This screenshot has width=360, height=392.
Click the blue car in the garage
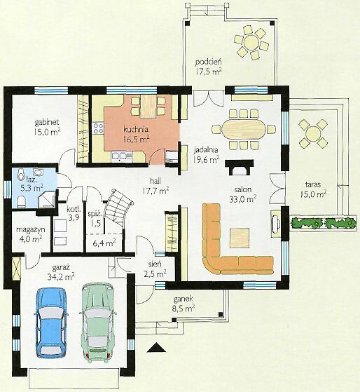click(52, 323)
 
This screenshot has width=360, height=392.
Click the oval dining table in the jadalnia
click(244, 129)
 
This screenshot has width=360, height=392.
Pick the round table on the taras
click(313, 133)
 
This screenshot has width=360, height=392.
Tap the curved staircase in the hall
click(118, 208)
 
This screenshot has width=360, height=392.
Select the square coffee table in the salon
click(240, 238)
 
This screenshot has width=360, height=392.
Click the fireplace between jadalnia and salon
click(240, 167)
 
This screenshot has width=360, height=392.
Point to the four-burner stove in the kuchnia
click(97, 128)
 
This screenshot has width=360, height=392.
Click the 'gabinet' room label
click(47, 122)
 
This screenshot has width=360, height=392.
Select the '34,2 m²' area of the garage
click(61, 276)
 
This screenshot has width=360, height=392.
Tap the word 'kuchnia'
click(136, 129)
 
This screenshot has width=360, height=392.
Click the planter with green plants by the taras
click(323, 222)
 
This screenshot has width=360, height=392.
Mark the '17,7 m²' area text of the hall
click(155, 191)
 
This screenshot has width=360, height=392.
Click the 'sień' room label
click(155, 264)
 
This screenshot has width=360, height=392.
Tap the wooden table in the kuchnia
click(148, 107)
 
